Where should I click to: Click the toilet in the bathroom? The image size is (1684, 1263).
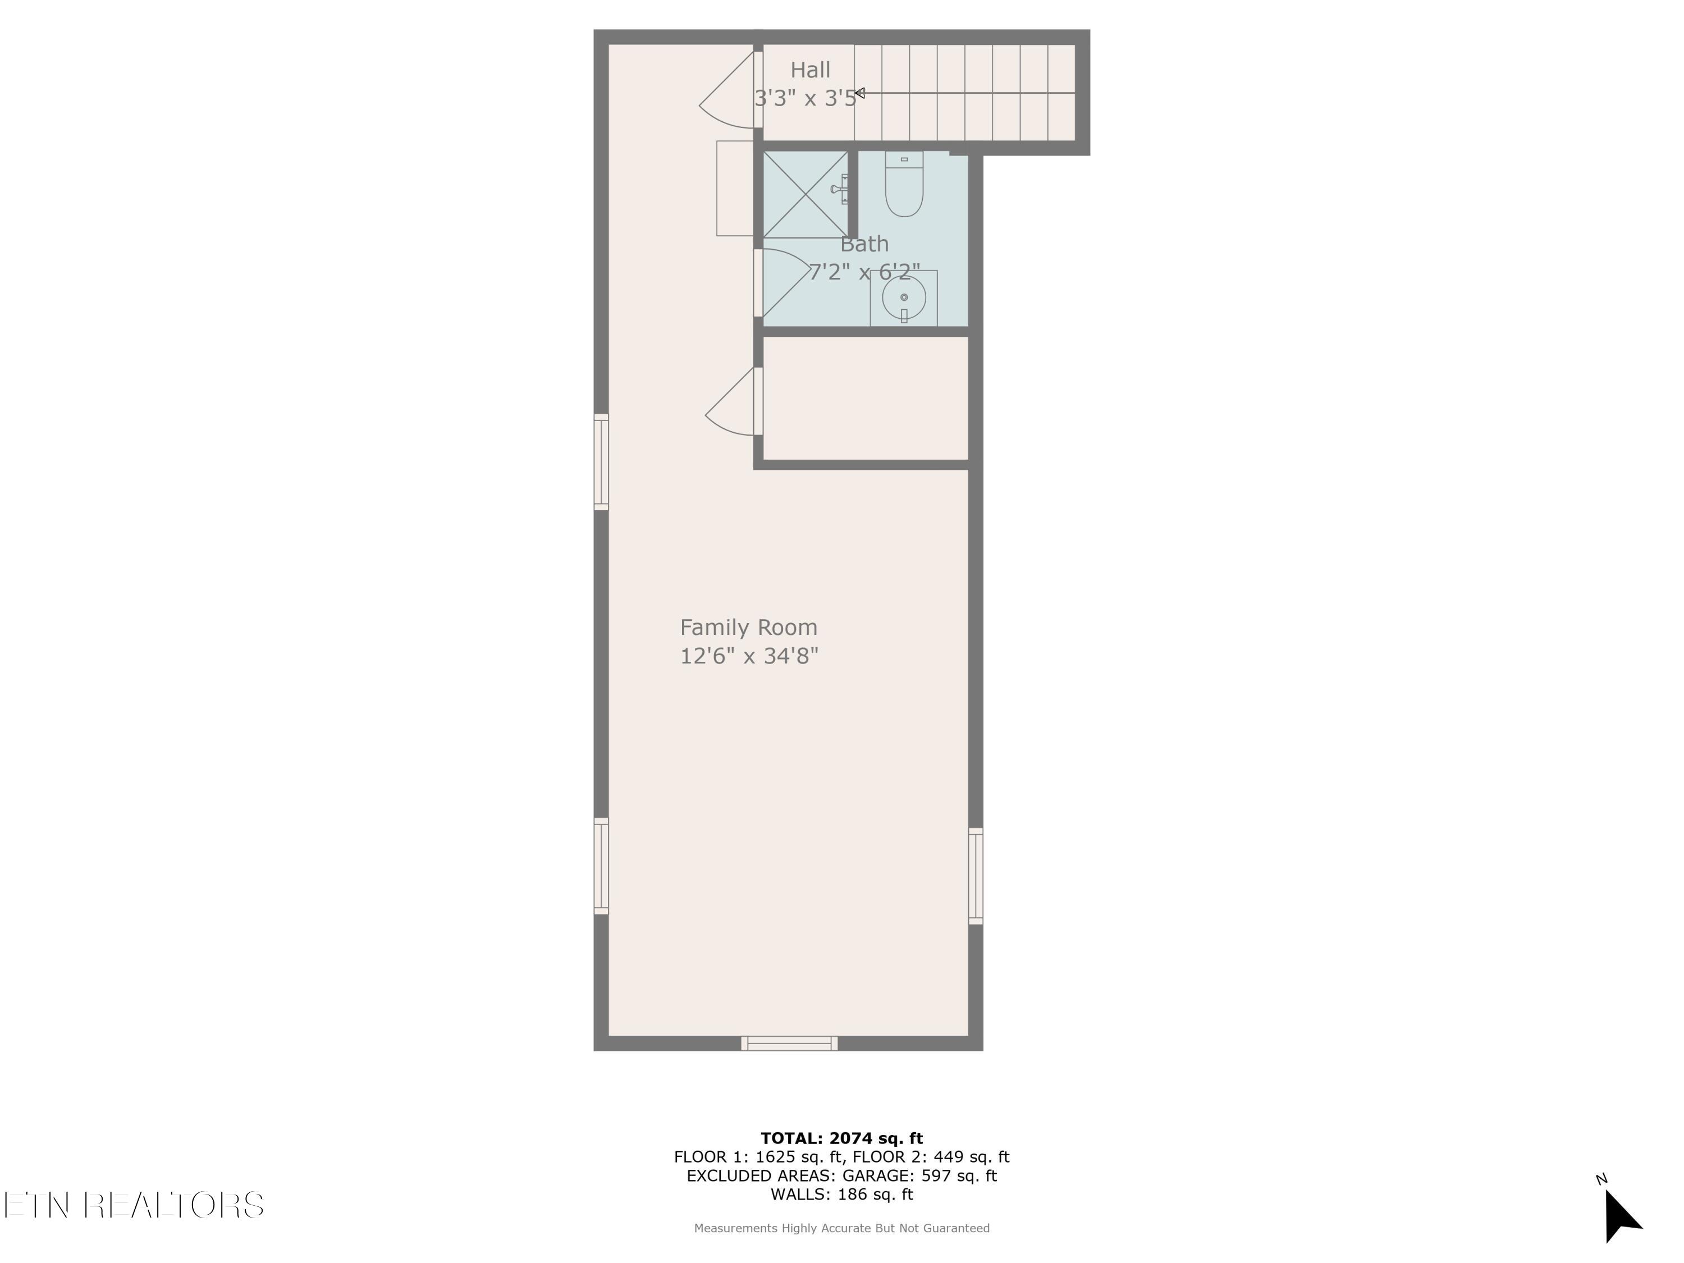coord(904,185)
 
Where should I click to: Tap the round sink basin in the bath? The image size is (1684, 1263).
coord(904,298)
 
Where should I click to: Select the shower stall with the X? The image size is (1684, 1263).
coord(805,194)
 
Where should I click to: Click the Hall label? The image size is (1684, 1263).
coord(809,70)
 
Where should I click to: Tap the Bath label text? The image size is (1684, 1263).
coord(864,244)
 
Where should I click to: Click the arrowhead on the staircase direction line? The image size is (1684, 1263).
coord(859,93)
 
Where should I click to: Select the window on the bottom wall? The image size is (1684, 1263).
coord(789,1043)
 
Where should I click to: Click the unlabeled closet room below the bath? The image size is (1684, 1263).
coord(865,398)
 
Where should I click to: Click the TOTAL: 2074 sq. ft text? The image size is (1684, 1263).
coord(841,1138)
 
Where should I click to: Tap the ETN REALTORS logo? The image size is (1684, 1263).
coord(134,1205)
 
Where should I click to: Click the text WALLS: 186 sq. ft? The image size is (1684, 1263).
coord(841,1195)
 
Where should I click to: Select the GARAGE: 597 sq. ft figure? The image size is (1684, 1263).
coord(919,1175)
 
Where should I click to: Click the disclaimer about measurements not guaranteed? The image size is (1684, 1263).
coord(841,1228)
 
